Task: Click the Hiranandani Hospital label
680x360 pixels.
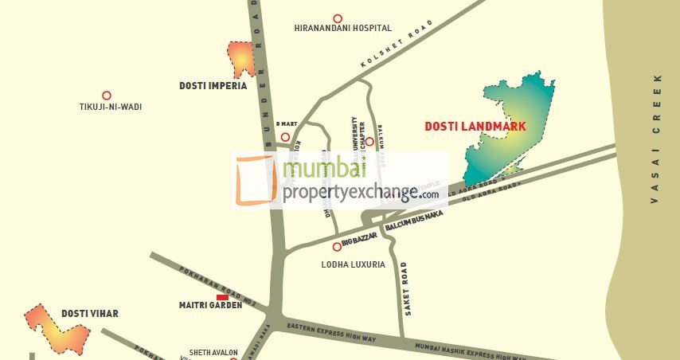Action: coord(342,28)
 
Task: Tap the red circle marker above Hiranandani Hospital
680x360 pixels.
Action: coord(338,18)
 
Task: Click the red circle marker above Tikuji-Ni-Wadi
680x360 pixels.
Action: coord(106,95)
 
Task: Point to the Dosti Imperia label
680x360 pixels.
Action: coord(213,85)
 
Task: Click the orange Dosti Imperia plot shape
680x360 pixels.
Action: coord(240,58)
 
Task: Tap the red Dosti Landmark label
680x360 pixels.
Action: coord(475,126)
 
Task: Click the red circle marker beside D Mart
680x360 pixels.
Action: coord(285,137)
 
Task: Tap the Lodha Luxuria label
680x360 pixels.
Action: coord(353,264)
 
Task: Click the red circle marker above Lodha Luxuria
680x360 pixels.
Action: coord(337,247)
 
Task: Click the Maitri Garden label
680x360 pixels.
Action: coord(210,305)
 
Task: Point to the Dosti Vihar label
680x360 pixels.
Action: coord(86,313)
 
